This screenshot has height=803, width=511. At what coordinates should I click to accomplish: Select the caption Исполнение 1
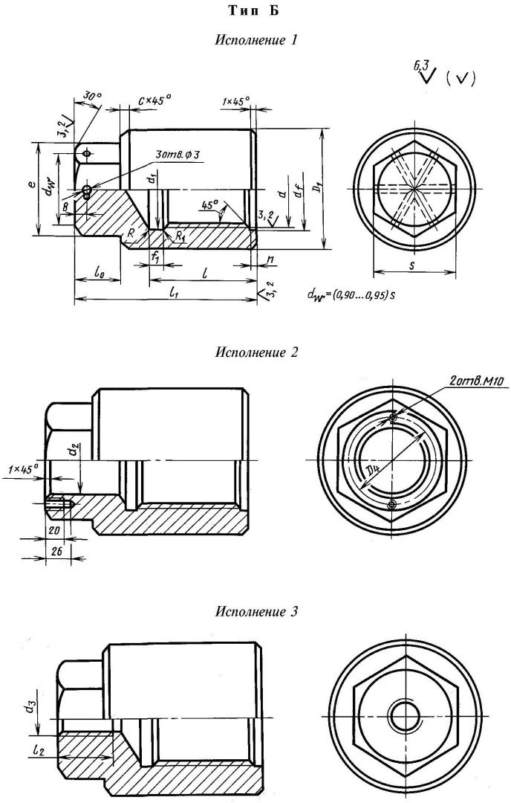point(256,41)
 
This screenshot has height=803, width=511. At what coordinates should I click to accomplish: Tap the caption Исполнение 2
point(256,352)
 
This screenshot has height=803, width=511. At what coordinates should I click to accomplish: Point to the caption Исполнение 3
point(256,612)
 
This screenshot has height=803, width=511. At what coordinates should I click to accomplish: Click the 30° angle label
point(91,96)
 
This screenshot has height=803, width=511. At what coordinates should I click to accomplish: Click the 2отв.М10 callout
point(475,382)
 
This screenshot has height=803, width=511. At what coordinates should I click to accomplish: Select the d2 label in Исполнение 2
point(72,451)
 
